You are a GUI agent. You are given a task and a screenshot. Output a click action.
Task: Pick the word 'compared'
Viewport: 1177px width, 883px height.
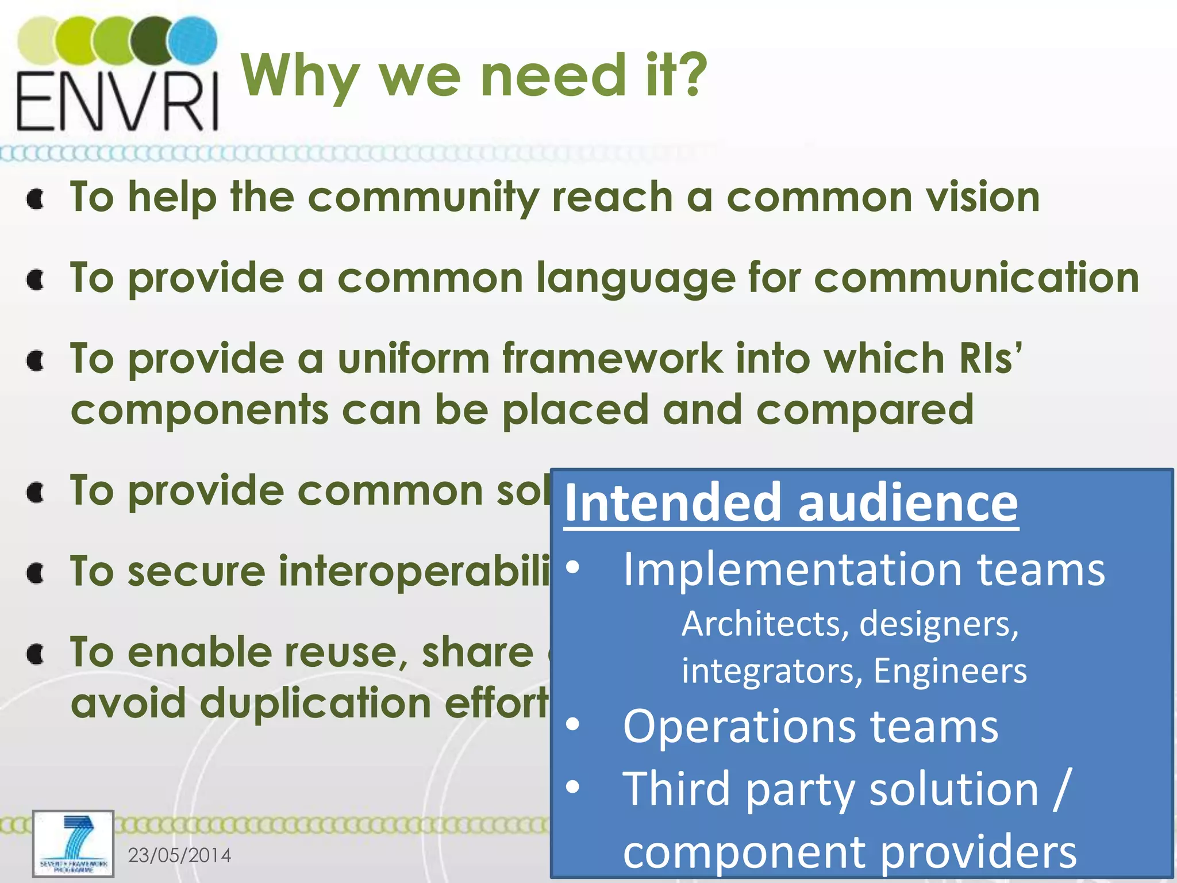tap(864, 410)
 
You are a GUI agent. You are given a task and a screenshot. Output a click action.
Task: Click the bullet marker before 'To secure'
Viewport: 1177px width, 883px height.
tap(36, 573)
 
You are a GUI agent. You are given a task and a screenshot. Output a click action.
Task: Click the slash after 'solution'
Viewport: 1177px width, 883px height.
tap(1061, 789)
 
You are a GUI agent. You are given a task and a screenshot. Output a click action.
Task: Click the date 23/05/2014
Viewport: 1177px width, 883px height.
tap(179, 855)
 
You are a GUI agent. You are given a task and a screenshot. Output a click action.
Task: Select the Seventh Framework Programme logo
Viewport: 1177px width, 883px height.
tap(73, 843)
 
